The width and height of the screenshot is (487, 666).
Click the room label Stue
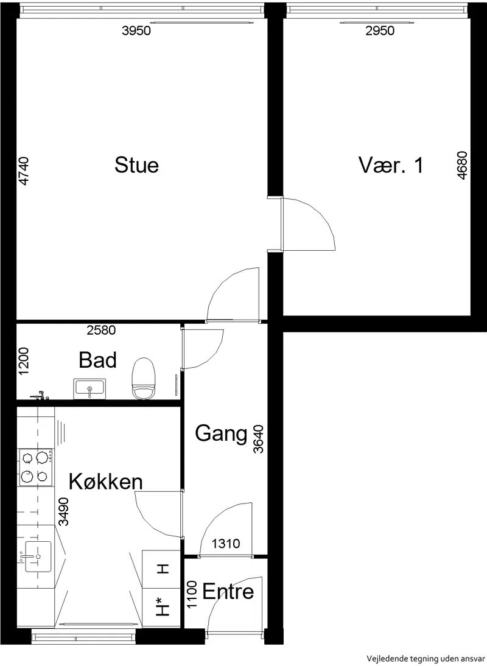[136, 165]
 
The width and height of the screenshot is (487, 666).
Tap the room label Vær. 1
[391, 165]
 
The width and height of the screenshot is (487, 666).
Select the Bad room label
[97, 360]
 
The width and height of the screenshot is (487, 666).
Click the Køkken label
[106, 481]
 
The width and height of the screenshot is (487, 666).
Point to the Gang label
[221, 433]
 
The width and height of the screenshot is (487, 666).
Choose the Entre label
[228, 591]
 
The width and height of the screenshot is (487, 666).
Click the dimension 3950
[136, 30]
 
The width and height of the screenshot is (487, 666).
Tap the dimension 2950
[380, 30]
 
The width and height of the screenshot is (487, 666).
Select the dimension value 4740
[24, 170]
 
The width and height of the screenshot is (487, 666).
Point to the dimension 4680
[462, 166]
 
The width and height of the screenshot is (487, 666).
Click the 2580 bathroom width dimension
[101, 330]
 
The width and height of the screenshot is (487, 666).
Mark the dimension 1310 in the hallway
[226, 543]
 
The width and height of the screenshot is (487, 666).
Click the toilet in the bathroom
[142, 379]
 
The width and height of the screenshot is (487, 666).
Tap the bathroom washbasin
[89, 389]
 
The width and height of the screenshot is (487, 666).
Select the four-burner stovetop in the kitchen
[36, 467]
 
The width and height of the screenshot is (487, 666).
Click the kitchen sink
[38, 556]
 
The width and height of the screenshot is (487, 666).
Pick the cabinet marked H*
[162, 608]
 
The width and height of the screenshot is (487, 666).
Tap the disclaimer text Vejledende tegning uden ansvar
[424, 659]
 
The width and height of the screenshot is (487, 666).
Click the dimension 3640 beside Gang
[259, 439]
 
